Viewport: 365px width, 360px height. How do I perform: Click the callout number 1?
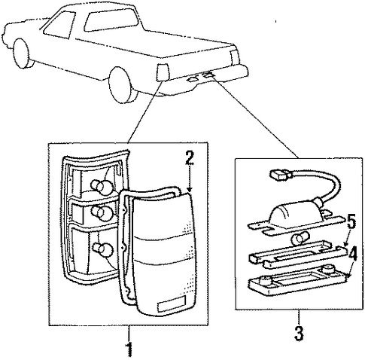[x=129, y=349]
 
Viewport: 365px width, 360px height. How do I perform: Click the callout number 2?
[x=190, y=157]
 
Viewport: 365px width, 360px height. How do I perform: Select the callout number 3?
[x=299, y=333]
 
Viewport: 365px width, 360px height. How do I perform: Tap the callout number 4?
[x=352, y=255]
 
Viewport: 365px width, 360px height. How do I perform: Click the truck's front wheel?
[x=22, y=53]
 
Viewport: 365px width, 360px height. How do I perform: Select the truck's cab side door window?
[x=59, y=25]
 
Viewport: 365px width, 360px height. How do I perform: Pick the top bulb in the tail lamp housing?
[x=99, y=186]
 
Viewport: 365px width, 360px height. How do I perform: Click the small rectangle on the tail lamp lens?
[x=172, y=303]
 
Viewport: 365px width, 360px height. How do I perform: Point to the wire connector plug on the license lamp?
[x=280, y=175]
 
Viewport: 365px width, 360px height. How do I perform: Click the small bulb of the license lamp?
[x=300, y=239]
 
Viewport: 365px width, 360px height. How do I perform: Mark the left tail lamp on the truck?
[x=163, y=72]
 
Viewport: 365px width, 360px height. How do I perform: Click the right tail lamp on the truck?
[x=234, y=56]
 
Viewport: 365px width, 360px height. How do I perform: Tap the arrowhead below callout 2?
[x=190, y=190]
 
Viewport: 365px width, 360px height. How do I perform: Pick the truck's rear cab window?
[x=111, y=18]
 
